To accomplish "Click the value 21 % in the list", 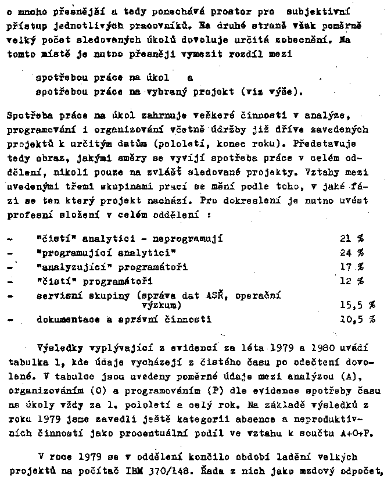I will pos(351,239).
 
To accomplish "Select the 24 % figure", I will pos(351,253).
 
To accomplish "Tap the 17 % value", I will pos(351,267).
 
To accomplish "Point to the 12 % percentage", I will pos(351,281).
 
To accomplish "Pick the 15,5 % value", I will pos(357,305).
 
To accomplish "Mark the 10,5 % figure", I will pos(357,319).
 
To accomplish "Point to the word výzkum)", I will pos(162,305).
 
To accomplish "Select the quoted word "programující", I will pos(74,253).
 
